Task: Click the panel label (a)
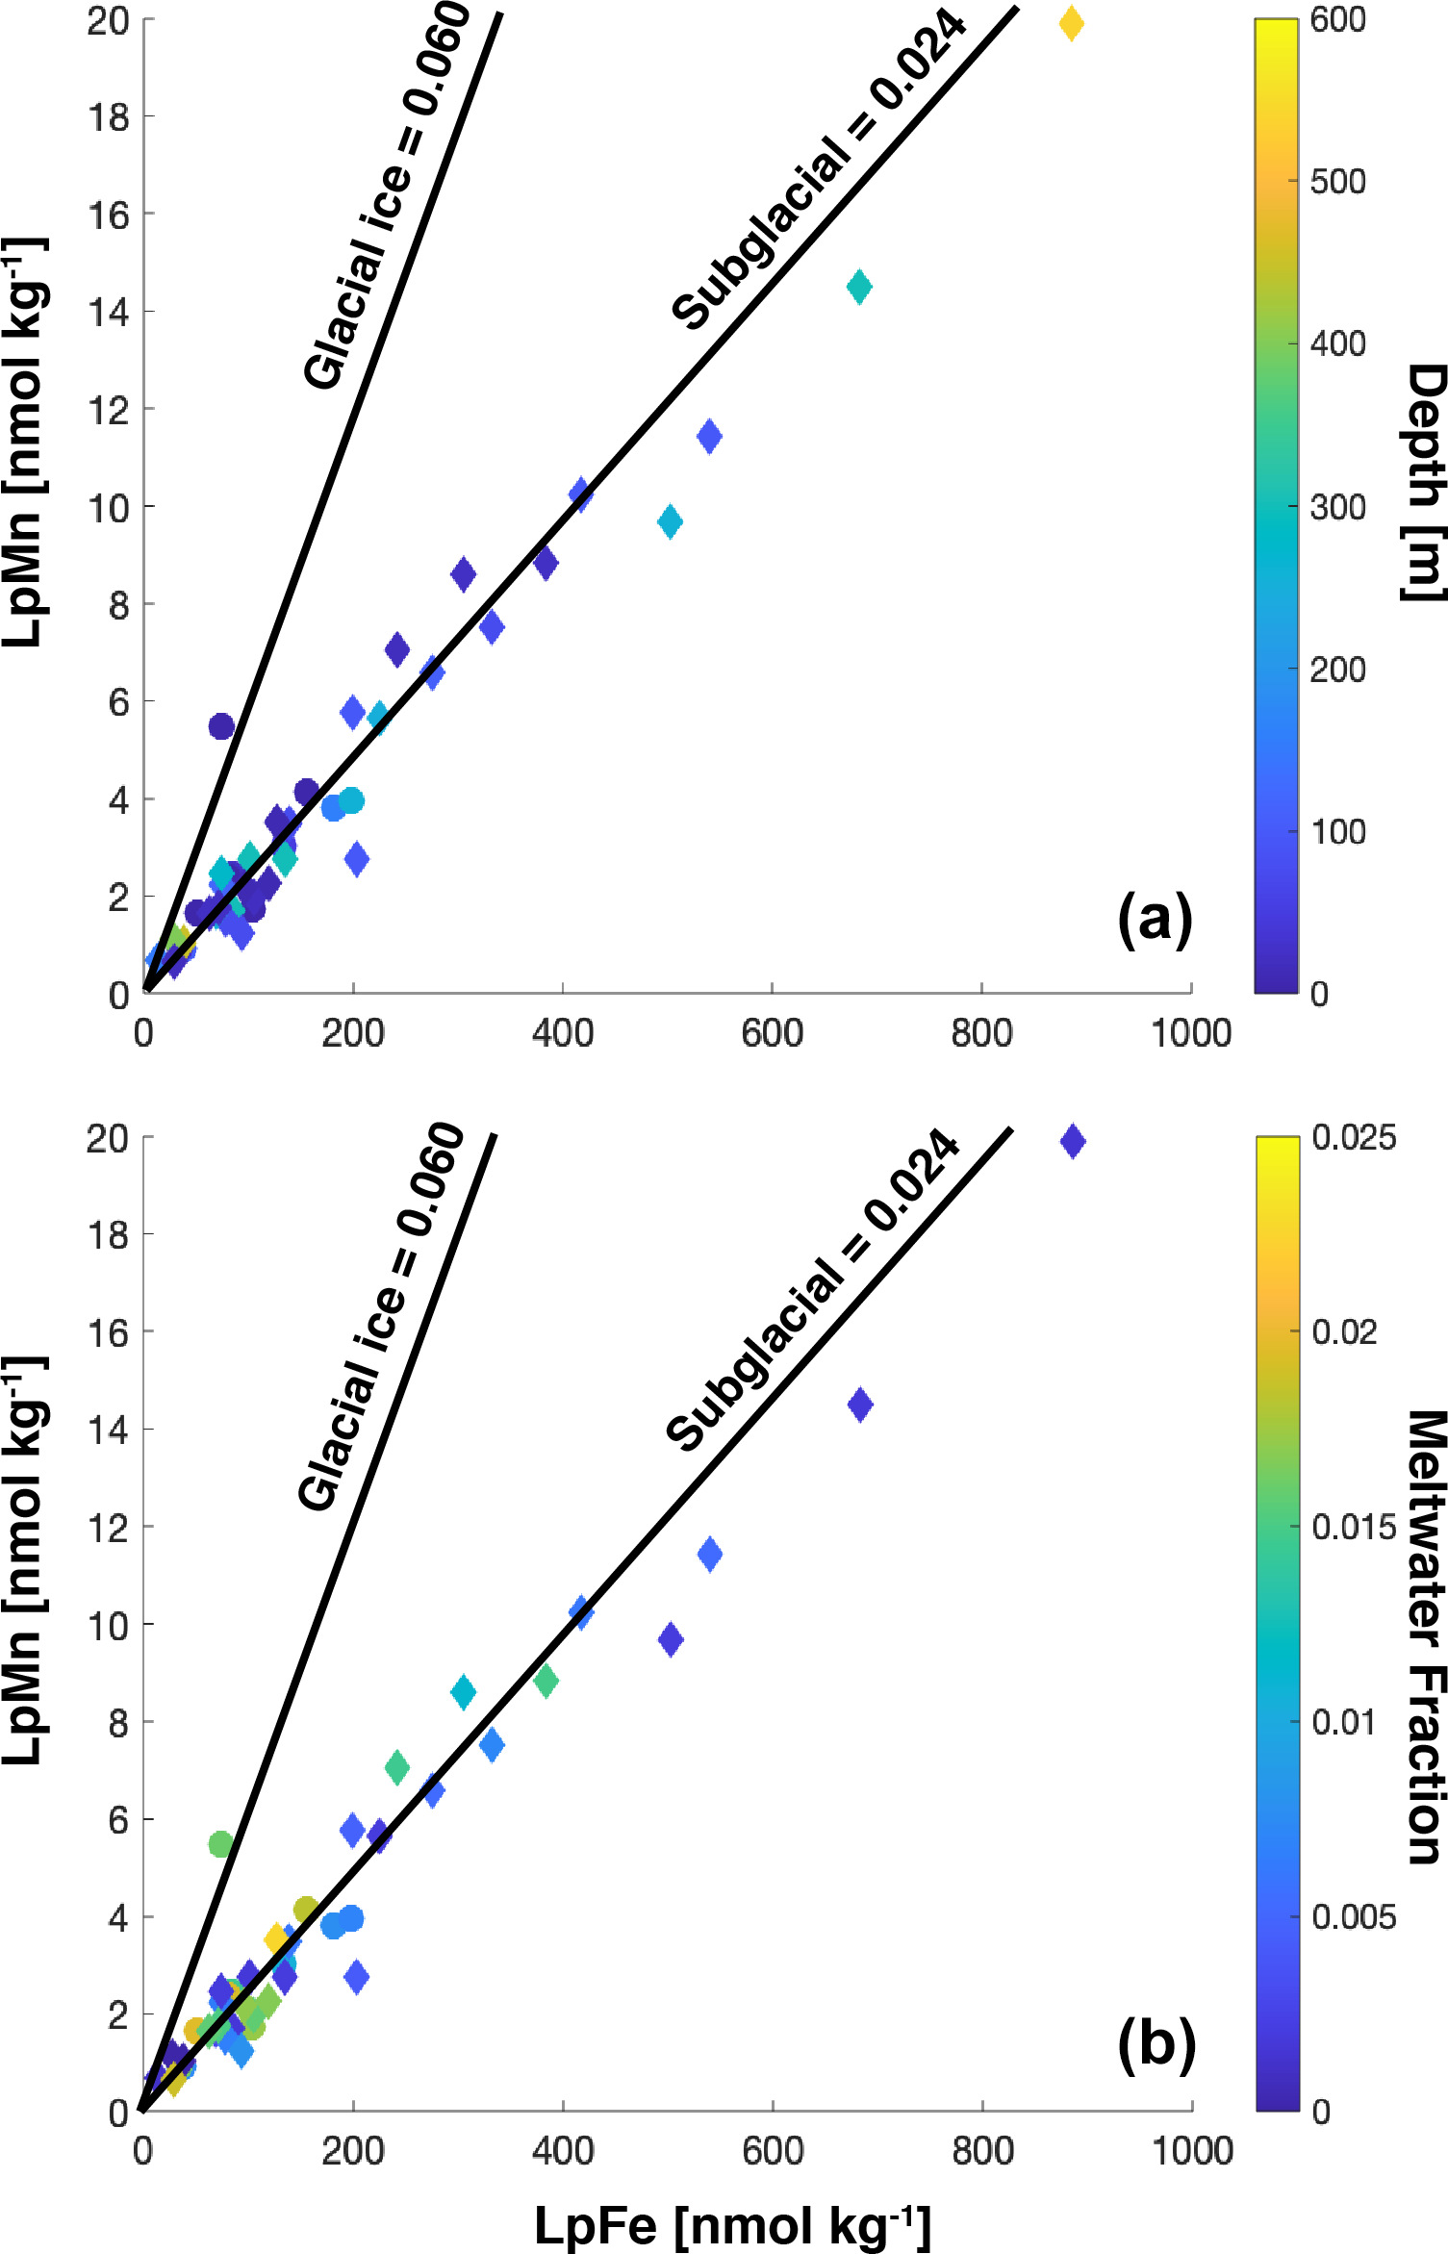pos(1155,921)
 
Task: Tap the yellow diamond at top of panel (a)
pos(1071,24)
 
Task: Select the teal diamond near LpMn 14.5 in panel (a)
pos(859,287)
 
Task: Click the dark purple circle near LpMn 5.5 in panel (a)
pos(221,726)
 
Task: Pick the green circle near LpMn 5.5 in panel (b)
pos(221,1844)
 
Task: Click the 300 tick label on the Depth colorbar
pos(1337,507)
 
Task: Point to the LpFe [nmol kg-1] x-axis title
pos(732,2225)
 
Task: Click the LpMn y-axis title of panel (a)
pos(23,443)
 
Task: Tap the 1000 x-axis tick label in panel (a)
pos(1191,1033)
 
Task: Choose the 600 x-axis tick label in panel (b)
pos(773,2151)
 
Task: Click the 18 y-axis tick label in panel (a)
pos(108,117)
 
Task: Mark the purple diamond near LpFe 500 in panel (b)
pos(671,1639)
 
